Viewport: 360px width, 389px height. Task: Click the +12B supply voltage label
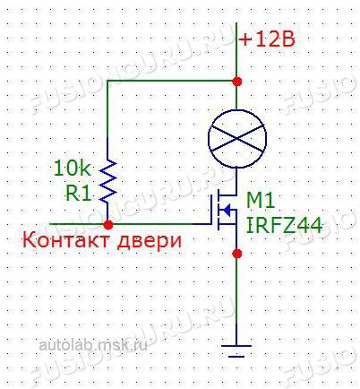[x=267, y=39]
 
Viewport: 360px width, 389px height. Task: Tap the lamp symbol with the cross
[x=237, y=138]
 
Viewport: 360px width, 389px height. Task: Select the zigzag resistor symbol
[x=107, y=181]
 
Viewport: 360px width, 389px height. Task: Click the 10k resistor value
[x=72, y=169]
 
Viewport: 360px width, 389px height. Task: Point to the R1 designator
[x=78, y=194]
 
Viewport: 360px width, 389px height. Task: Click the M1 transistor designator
[x=261, y=202]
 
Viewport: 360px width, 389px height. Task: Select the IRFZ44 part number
[x=284, y=226]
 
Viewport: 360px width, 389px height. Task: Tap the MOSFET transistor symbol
[x=224, y=211]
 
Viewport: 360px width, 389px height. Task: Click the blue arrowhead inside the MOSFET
[x=227, y=211]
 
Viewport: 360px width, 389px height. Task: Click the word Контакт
[x=66, y=240]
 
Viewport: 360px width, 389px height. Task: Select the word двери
[x=149, y=242]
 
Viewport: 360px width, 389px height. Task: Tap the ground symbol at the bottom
[x=236, y=351]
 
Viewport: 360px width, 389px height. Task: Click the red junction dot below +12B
[x=237, y=82]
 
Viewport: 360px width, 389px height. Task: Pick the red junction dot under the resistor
[x=108, y=225]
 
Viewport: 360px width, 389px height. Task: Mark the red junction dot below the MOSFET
[x=237, y=254]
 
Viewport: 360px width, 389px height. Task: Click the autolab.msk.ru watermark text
[x=93, y=346]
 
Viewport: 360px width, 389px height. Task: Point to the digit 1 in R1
[x=86, y=194]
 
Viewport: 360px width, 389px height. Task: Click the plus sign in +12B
[x=245, y=40]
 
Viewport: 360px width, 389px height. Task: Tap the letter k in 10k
[x=85, y=169]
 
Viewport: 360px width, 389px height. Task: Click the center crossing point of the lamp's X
[x=237, y=138]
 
